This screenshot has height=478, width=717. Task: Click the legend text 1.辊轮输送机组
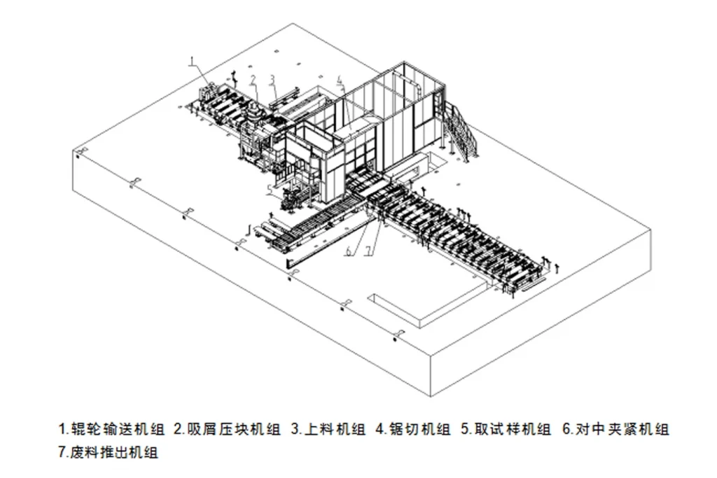(x=112, y=428)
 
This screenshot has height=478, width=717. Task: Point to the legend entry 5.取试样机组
(x=506, y=428)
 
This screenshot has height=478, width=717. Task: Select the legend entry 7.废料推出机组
(x=109, y=452)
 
